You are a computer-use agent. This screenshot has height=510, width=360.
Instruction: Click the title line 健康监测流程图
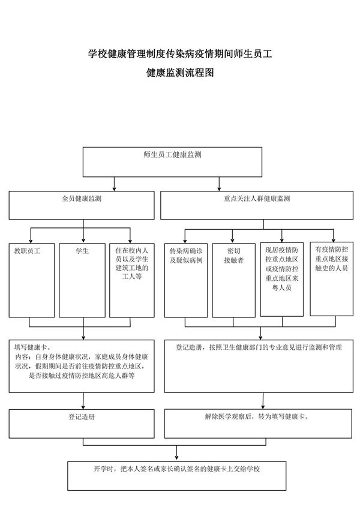pos(179,74)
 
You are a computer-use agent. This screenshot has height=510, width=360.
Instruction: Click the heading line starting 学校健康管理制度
pos(179,55)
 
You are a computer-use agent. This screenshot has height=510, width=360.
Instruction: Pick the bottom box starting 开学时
pos(179,475)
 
